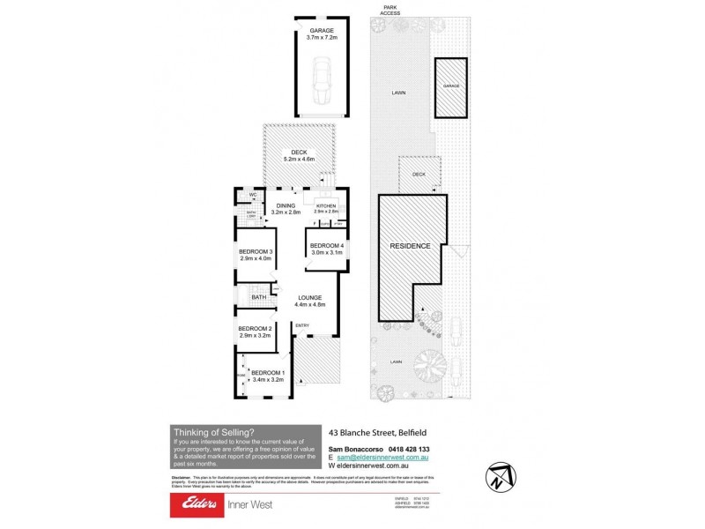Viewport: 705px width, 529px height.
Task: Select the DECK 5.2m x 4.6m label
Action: pos(294,156)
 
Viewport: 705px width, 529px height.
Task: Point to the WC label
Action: pos(252,194)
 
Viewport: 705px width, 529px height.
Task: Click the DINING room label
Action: pos(285,209)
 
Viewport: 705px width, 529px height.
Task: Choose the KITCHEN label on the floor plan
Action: pos(326,208)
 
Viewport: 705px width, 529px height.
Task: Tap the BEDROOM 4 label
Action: pos(326,249)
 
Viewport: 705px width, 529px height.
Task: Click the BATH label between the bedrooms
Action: pos(258,297)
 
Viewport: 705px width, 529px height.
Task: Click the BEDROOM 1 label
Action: pos(267,376)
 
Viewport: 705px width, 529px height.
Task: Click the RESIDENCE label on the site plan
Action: pos(410,246)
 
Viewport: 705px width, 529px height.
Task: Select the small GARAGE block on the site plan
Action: pos(451,86)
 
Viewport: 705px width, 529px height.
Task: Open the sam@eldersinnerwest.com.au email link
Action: pos(380,458)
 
